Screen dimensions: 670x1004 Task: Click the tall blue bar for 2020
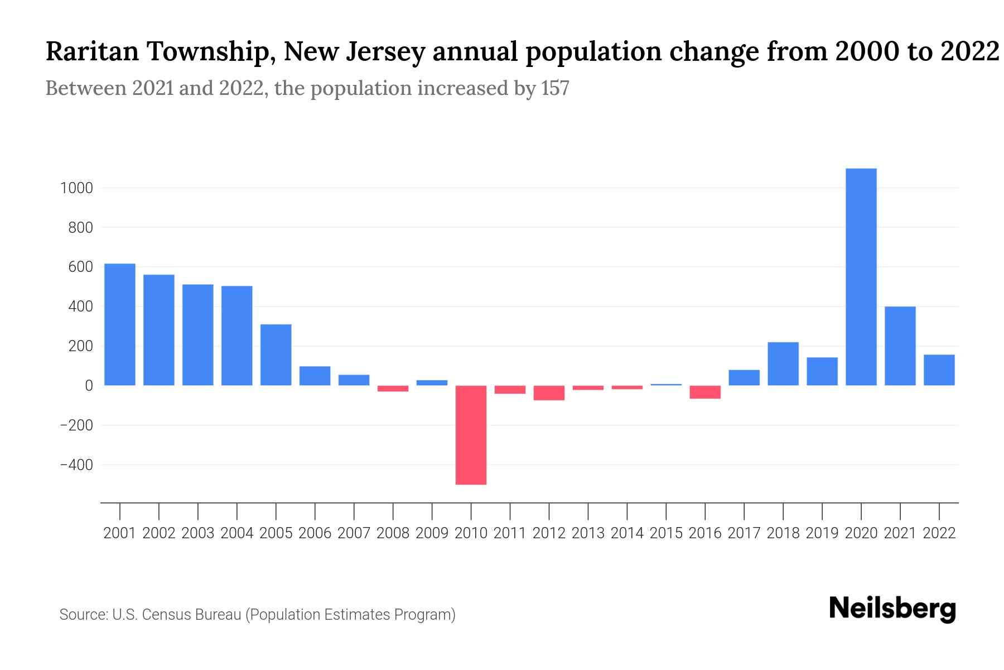coord(861,276)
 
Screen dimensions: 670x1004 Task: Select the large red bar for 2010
coord(471,435)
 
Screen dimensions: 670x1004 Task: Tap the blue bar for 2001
coord(120,324)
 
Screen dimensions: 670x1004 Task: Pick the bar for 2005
coord(276,355)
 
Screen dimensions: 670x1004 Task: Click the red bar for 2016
coord(705,392)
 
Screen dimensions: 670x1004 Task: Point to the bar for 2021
coord(900,346)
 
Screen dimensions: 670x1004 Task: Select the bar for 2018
coord(783,363)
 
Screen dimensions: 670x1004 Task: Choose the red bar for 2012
coord(549,393)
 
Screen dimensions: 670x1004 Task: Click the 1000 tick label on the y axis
coord(76,188)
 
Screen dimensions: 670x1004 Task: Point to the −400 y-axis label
coord(76,465)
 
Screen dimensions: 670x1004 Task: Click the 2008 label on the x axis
coord(393,533)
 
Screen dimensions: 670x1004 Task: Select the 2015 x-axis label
coord(666,533)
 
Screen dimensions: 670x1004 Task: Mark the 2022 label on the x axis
coord(939,533)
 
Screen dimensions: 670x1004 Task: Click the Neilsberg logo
coord(892,609)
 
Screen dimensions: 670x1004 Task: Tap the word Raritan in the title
coord(91,51)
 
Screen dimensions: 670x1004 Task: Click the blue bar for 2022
coord(939,370)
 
